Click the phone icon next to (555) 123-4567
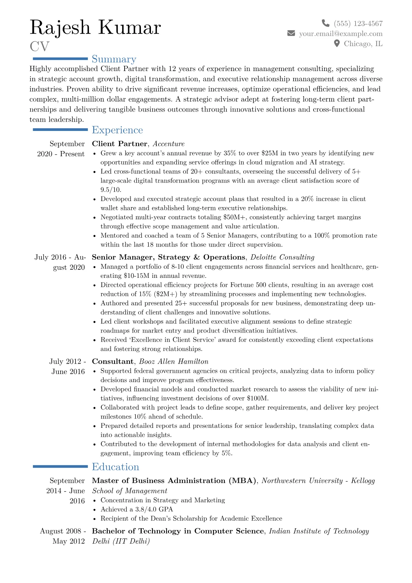point(325,23)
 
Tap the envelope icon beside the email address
point(291,33)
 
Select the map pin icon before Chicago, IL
point(337,43)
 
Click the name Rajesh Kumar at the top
point(95,27)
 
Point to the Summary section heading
point(114,59)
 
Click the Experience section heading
point(117,130)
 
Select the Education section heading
point(115,467)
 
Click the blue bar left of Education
point(60,467)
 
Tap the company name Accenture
point(169,144)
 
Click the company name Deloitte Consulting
point(282,257)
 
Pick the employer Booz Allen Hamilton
point(173,362)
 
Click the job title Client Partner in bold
point(119,144)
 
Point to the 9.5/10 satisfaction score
point(111,190)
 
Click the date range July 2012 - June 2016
point(68,366)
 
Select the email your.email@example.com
point(341,34)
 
